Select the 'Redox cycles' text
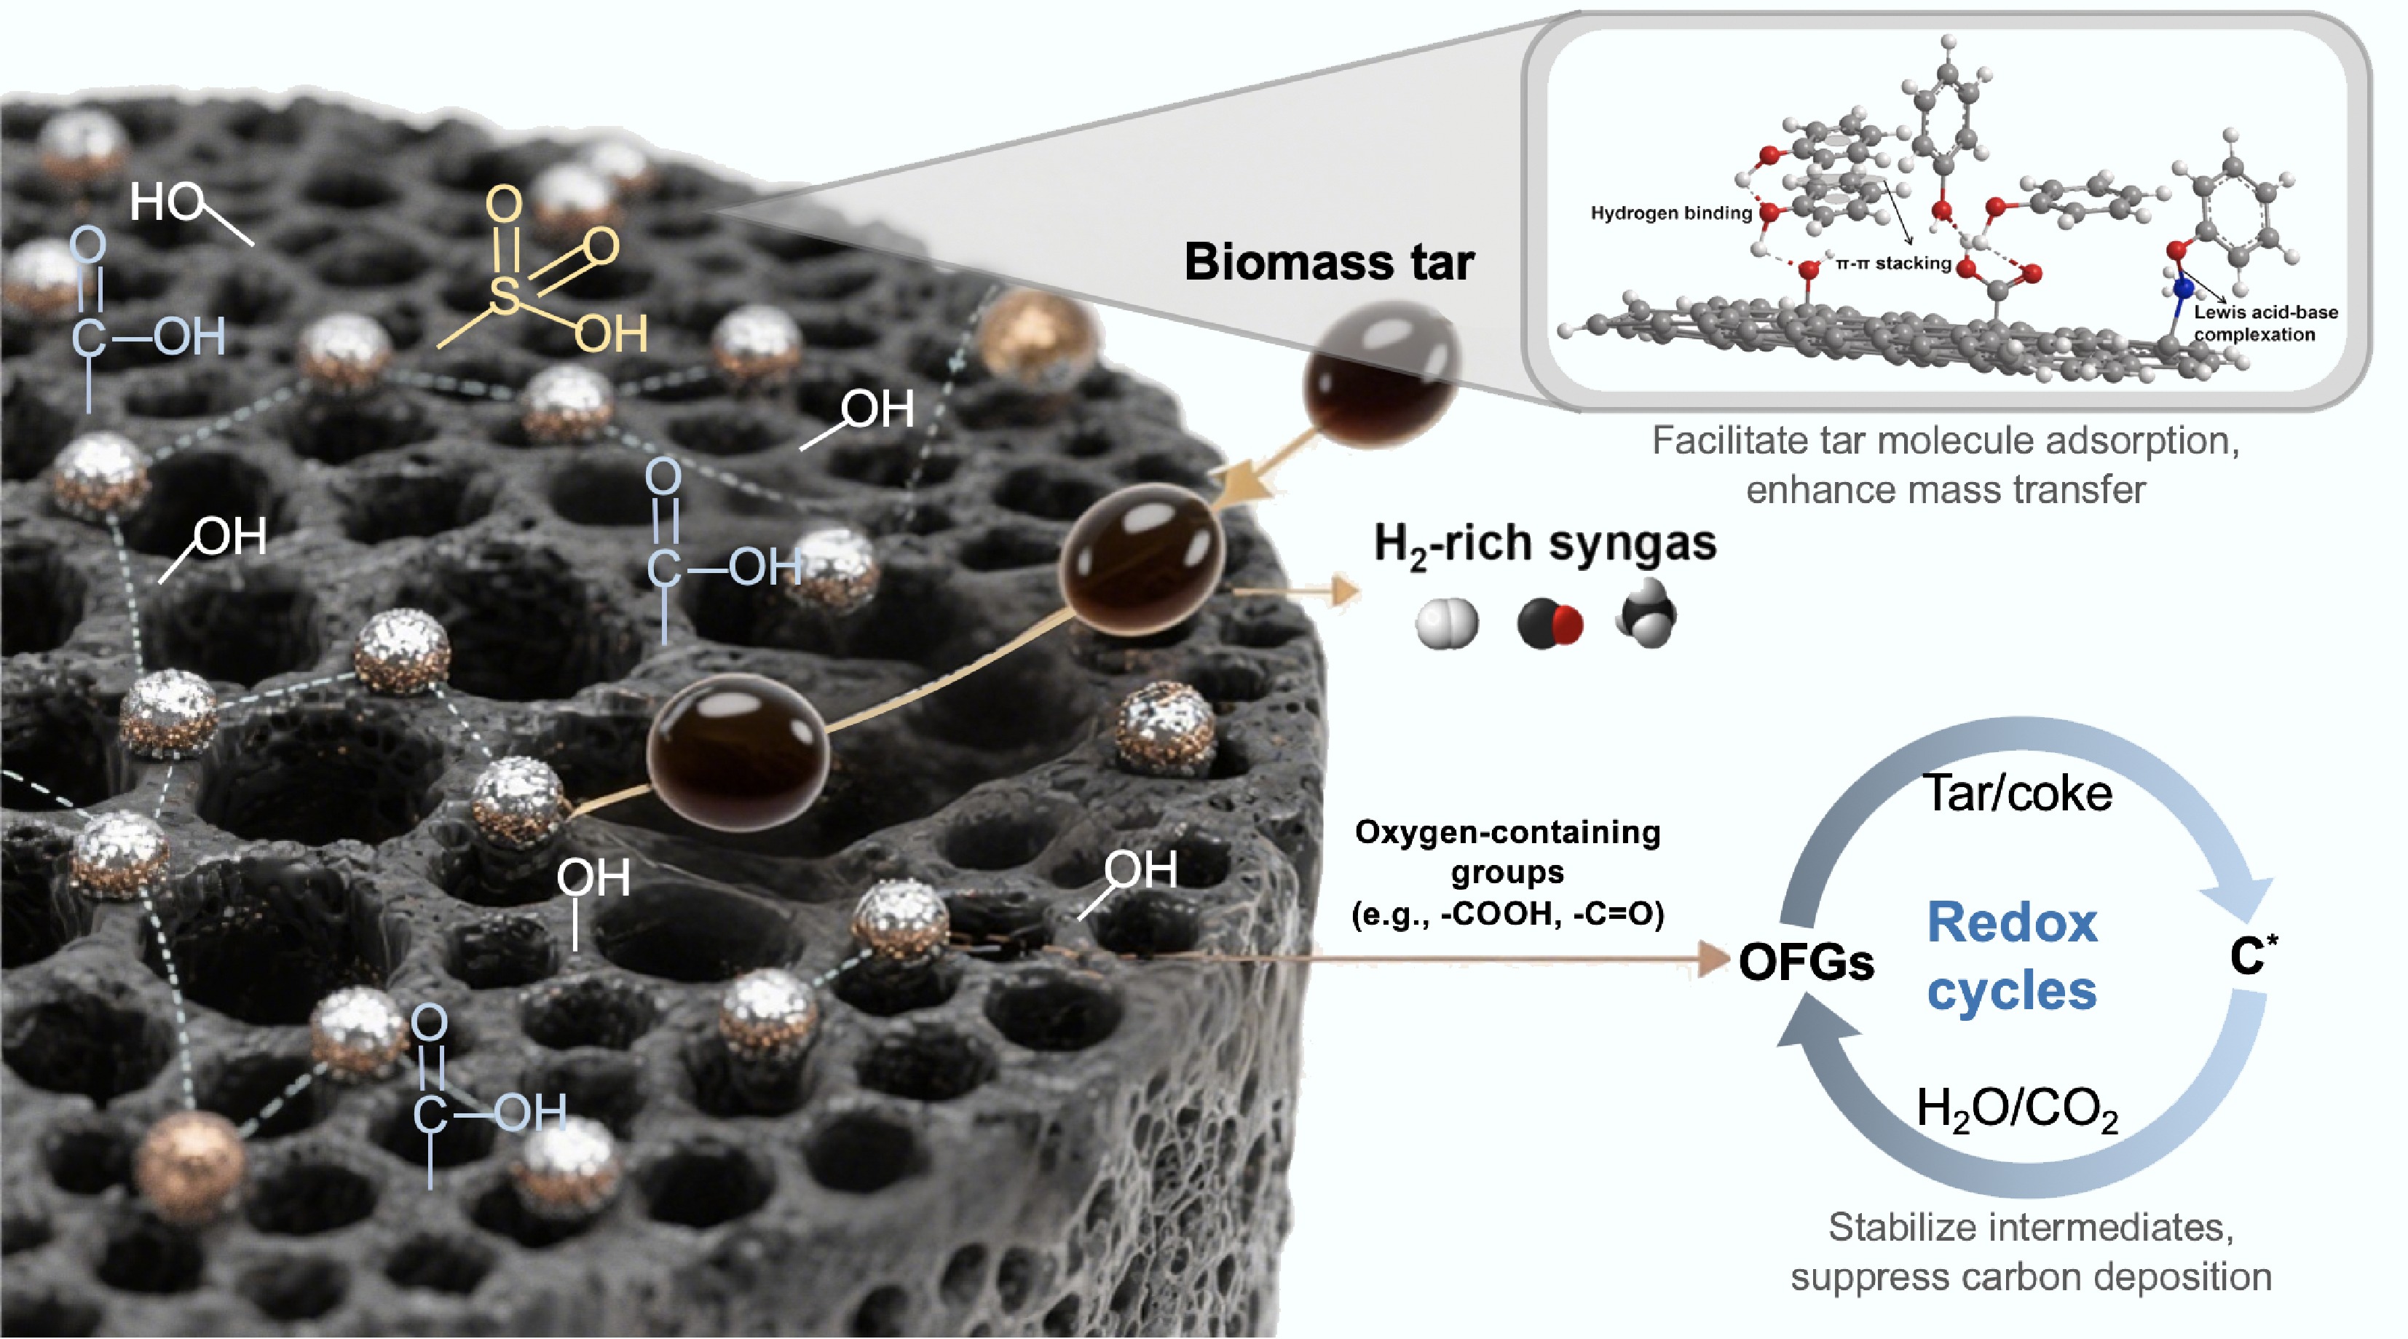(x=2012, y=955)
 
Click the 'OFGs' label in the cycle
(x=1806, y=962)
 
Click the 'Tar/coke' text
(x=2017, y=794)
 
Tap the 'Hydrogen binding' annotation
(x=1670, y=213)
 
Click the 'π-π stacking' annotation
(x=1893, y=264)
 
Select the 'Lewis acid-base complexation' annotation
(x=2266, y=323)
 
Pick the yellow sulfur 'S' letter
(x=504, y=297)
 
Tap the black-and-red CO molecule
(x=1550, y=624)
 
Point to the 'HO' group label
(x=165, y=201)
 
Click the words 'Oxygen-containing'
(x=1507, y=832)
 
